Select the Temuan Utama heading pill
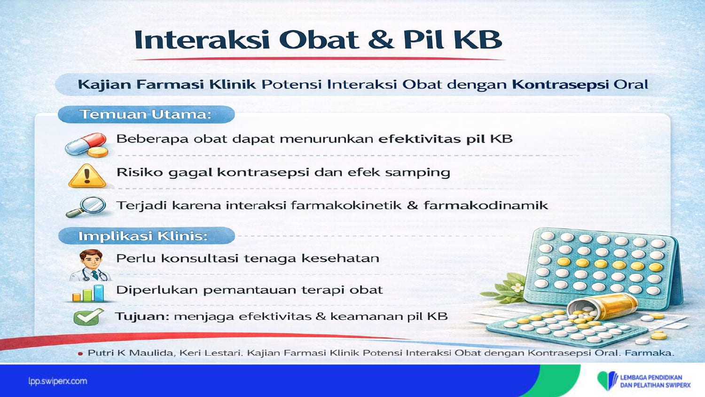coord(146,114)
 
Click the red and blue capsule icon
coord(86,145)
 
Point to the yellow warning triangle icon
coord(87,176)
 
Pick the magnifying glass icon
coord(86,206)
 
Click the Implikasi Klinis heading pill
coord(147,236)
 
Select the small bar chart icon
coord(88,294)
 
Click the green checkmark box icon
coord(88,317)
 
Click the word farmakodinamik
coord(486,206)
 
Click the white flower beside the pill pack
coord(517,287)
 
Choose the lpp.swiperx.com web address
coord(58,381)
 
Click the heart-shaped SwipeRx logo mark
coord(607,381)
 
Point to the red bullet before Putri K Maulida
coord(80,354)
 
